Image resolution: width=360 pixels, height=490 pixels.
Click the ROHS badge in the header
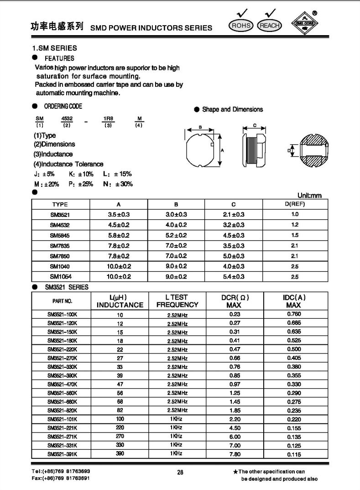240,26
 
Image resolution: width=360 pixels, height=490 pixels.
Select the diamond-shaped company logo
305,23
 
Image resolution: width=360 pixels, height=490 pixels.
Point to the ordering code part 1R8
108,118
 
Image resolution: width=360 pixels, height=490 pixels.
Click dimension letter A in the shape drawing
222,150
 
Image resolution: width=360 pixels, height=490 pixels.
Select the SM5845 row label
60,235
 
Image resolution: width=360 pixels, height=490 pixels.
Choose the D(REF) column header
295,204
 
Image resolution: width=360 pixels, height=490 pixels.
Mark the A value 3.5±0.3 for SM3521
119,214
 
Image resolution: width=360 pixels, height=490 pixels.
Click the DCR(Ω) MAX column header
234,301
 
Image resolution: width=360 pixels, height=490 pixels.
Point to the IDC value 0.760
294,314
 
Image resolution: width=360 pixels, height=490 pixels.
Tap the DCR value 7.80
234,454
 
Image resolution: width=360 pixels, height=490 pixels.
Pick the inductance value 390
120,454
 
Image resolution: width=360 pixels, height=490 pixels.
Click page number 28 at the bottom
180,473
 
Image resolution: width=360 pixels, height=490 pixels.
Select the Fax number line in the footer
61,478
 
